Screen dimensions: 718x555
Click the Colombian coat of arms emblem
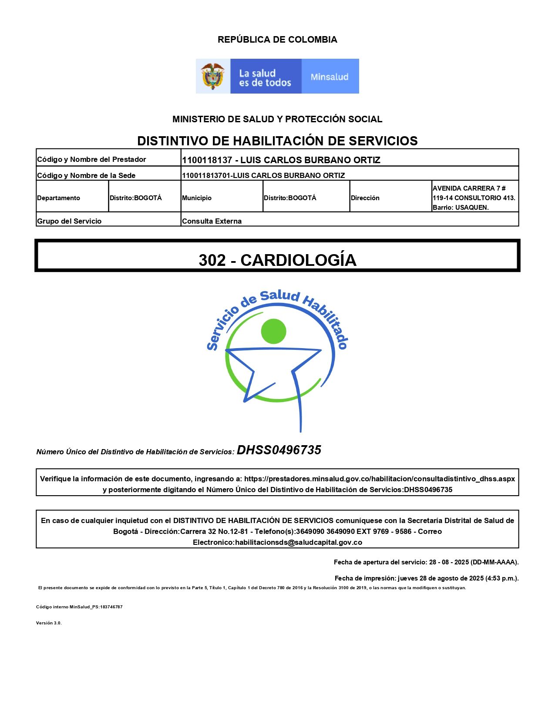pyautogui.click(x=212, y=76)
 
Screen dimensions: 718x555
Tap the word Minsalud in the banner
pyautogui.click(x=330, y=77)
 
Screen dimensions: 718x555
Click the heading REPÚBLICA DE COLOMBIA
pyautogui.click(x=277, y=40)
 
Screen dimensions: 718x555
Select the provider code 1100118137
pyautogui.click(x=207, y=160)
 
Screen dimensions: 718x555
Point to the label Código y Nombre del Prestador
pyautogui.click(x=91, y=159)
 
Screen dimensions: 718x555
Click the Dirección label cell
pyautogui.click(x=365, y=198)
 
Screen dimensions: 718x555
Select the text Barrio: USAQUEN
pyautogui.click(x=461, y=208)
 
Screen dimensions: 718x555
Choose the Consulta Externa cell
pyautogui.click(x=212, y=221)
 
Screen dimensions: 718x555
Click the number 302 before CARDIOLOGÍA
pyautogui.click(x=212, y=260)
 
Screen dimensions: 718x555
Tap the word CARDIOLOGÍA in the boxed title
pyautogui.click(x=298, y=260)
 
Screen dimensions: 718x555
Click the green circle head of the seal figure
pyautogui.click(x=273, y=331)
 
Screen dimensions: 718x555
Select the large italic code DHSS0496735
pyautogui.click(x=279, y=450)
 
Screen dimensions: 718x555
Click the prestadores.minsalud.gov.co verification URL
pyautogui.click(x=379, y=479)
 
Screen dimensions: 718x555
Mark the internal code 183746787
pyautogui.click(x=111, y=607)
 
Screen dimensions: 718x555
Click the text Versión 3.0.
pyautogui.click(x=49, y=623)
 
